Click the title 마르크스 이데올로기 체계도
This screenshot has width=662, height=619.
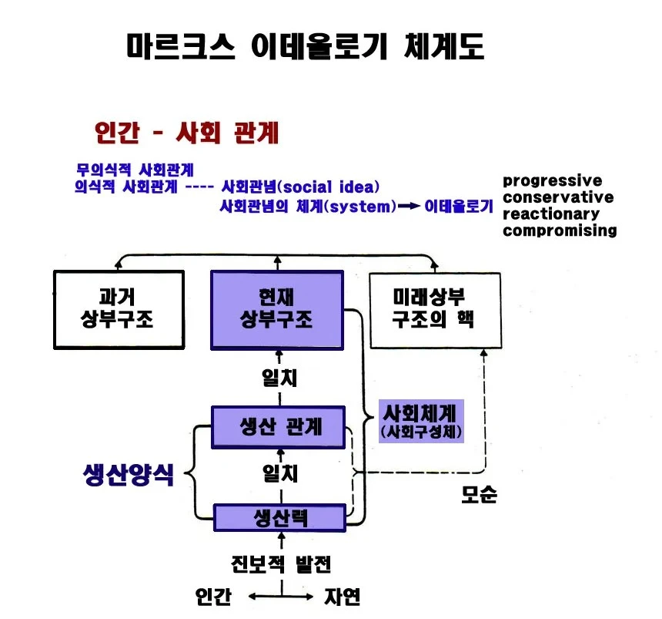(306, 46)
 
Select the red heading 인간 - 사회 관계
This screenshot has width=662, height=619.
(186, 133)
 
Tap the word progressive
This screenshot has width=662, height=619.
(552, 181)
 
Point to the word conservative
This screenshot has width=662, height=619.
(558, 197)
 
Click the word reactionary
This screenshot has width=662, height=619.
(551, 214)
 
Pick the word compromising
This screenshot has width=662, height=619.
(560, 230)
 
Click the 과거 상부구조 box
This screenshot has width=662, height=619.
(119, 310)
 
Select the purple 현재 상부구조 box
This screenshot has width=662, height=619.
(277, 311)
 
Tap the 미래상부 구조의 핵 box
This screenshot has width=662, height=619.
(435, 311)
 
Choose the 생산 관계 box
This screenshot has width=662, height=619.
(278, 427)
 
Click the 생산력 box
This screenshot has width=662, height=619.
(279, 517)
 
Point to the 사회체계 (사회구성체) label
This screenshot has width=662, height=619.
(421, 421)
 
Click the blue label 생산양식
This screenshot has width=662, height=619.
(129, 474)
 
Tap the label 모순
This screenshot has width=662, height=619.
(480, 494)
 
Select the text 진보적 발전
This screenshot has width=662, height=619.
(281, 563)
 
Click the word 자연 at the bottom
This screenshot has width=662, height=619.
(342, 597)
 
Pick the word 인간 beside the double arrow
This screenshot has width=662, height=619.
(213, 597)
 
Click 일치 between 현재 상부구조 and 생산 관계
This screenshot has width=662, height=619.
(279, 378)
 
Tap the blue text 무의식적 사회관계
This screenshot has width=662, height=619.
(135, 170)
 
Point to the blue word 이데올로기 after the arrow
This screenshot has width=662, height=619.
(459, 207)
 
